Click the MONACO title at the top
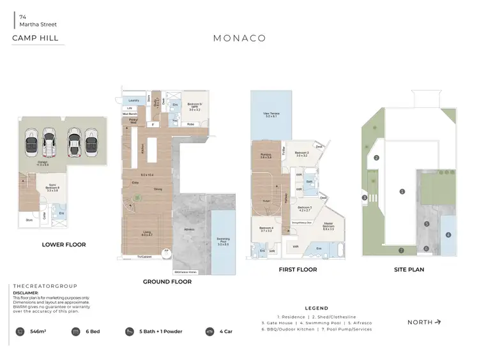pyautogui.click(x=240, y=38)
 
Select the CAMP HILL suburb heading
pyautogui.click(x=35, y=38)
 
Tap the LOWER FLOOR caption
pyautogui.click(x=64, y=244)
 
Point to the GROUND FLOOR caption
pyautogui.click(x=167, y=281)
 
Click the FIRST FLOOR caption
pyautogui.click(x=298, y=270)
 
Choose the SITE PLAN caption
pyautogui.click(x=409, y=270)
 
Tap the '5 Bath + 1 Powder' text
pyautogui.click(x=162, y=332)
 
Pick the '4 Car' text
pyautogui.click(x=227, y=332)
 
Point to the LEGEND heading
pyautogui.click(x=316, y=308)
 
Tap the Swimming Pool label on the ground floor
pyautogui.click(x=223, y=240)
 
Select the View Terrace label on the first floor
pyautogui.click(x=271, y=116)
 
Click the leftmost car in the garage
pyautogui.click(x=31, y=143)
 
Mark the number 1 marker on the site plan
pyautogui.click(x=402, y=191)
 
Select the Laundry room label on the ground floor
pyautogui.click(x=134, y=101)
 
